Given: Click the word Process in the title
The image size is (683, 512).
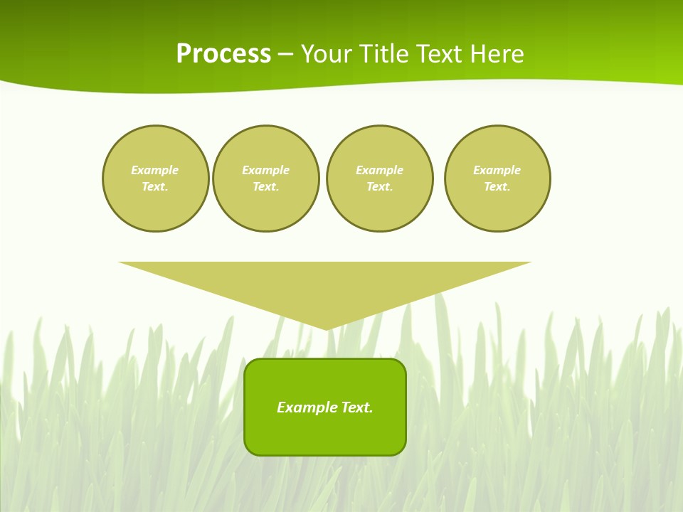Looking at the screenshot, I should [223, 54].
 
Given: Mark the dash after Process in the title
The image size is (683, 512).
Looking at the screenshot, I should [285, 55].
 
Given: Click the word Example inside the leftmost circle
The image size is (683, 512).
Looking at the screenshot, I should [155, 171].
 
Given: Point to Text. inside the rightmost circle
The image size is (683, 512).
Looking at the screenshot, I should [497, 187].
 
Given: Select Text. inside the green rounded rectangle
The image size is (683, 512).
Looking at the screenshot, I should [357, 407].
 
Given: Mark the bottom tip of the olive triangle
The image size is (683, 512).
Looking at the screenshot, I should [327, 328].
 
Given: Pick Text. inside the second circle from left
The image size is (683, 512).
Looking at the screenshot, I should [266, 187].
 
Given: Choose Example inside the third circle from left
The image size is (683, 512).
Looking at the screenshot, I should [380, 171].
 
